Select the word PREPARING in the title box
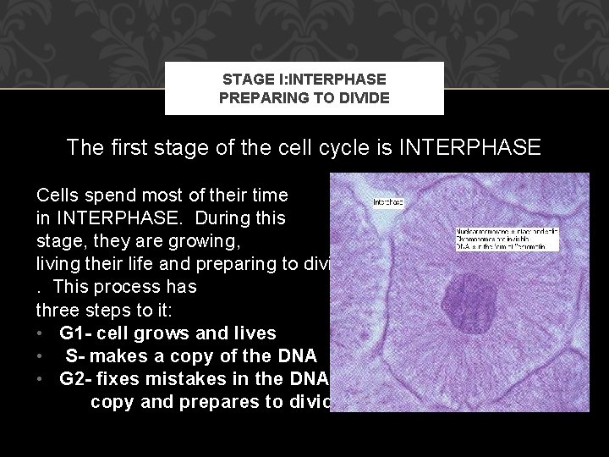coord(255,97)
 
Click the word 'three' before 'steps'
coord(58,307)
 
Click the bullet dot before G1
coord(40,330)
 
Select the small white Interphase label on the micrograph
coord(389,203)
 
